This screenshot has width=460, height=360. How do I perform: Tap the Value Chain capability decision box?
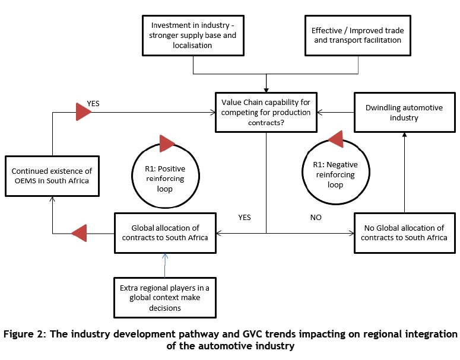[267, 111]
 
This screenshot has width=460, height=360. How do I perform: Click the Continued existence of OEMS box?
[53, 176]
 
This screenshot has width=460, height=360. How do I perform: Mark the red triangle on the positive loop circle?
[167, 144]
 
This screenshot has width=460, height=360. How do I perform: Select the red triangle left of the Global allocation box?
[79, 233]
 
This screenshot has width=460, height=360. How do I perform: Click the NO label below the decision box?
[315, 218]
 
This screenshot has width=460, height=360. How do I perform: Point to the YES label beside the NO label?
[244, 218]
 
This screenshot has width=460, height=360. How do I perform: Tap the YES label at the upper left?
[94, 103]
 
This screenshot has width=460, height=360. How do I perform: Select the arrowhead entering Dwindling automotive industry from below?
[404, 135]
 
